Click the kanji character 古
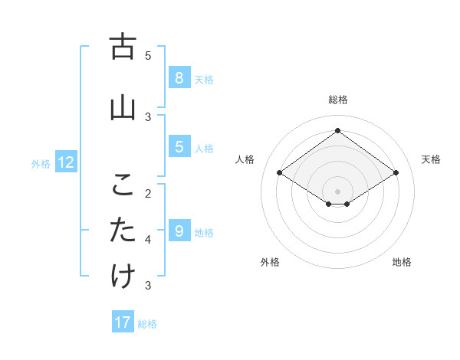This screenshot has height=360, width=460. click(x=123, y=47)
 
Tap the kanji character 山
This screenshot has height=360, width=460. click(x=123, y=109)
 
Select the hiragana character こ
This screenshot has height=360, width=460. click(x=123, y=185)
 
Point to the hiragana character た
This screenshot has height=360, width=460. click(x=123, y=231)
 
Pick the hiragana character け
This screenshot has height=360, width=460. click(x=123, y=277)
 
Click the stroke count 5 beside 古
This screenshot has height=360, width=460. click(x=148, y=55)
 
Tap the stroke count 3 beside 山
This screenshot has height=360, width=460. click(x=148, y=116)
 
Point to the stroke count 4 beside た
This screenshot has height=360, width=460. click(x=148, y=239)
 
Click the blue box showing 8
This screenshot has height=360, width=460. click(x=179, y=77)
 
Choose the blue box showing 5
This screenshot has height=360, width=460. click(x=179, y=146)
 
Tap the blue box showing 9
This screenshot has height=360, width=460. click(x=179, y=231)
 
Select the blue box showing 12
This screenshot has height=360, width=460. click(x=66, y=162)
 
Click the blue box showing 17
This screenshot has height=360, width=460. click(x=123, y=322)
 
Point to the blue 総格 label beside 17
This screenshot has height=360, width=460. click(x=147, y=324)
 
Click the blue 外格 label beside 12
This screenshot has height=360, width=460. click(x=41, y=163)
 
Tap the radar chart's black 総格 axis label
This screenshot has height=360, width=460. click(x=337, y=100)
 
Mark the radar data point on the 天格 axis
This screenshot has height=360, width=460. click(x=396, y=173)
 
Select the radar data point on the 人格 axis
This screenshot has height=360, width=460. click(x=279, y=173)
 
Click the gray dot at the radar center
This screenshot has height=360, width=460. click(x=337, y=191)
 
